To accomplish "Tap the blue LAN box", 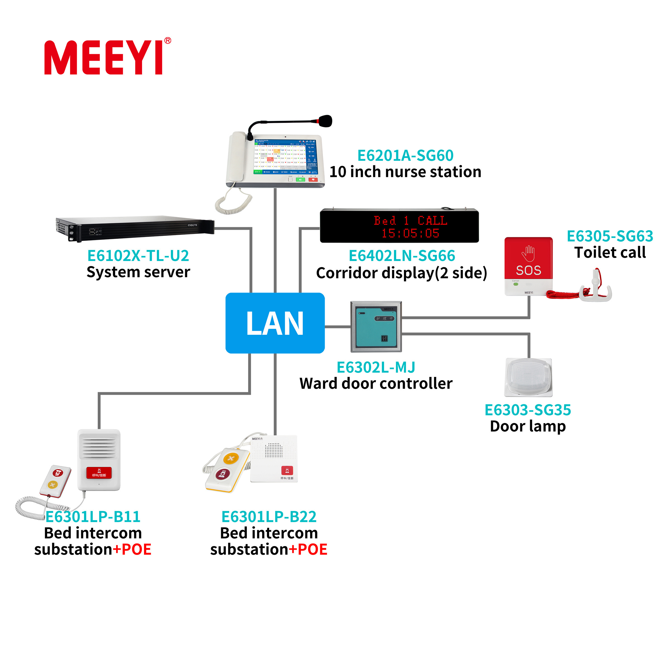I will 275,323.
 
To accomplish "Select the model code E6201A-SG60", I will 405,155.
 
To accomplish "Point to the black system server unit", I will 135,229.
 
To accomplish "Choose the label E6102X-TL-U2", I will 138,256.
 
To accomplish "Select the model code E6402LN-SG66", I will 402,256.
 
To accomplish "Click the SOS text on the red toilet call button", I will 528,270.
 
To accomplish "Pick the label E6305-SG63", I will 610,236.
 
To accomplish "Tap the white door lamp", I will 528,377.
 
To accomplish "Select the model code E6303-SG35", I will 527,410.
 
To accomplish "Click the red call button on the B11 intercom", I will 99,473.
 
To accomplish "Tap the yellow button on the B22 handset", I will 231,458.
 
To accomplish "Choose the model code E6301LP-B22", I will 269,517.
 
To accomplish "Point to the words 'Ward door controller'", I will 376,384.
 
